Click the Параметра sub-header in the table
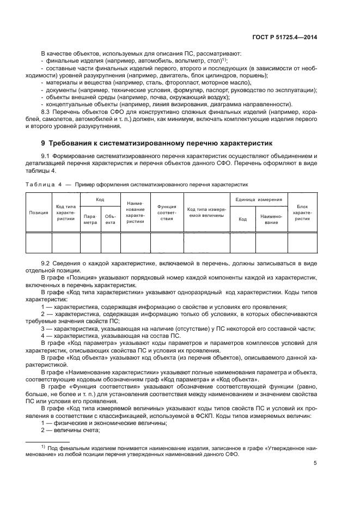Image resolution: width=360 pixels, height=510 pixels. [x=90, y=219]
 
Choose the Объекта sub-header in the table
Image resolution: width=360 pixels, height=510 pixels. [x=110, y=219]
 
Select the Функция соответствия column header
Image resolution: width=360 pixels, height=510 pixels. [x=167, y=212]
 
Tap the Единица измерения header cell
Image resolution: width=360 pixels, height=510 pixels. [x=259, y=200]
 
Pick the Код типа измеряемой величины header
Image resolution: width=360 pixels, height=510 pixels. [x=206, y=212]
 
